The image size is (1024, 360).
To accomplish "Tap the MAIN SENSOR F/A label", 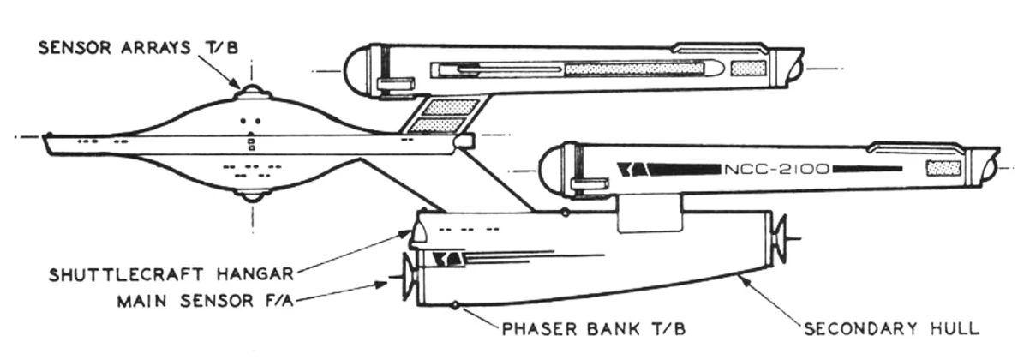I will pyautogui.click(x=207, y=301).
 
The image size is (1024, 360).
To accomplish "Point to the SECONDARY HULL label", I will pyautogui.click(x=891, y=327).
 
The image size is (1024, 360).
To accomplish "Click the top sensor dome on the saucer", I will pyautogui.click(x=249, y=90).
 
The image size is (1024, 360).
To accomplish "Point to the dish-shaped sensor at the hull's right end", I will pyautogui.click(x=779, y=239).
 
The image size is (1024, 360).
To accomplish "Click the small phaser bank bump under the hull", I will pyautogui.click(x=453, y=303).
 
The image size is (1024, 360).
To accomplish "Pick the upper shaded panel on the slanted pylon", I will pyautogui.click(x=451, y=107).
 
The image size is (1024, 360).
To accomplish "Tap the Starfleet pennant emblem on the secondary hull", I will pyautogui.click(x=447, y=258).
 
